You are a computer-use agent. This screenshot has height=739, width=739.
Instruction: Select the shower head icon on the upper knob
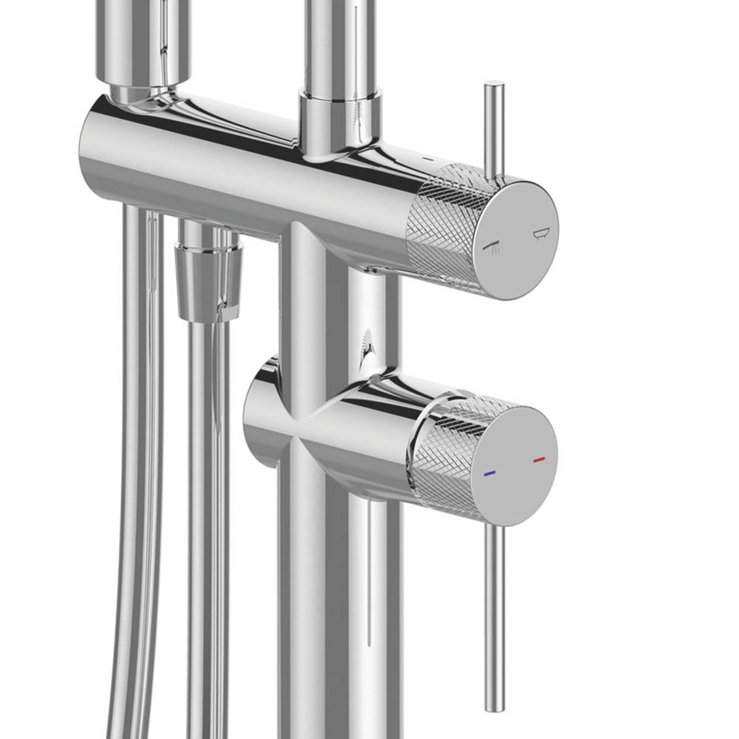coord(493,248)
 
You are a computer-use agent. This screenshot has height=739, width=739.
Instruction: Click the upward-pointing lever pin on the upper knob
coord(495,129)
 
